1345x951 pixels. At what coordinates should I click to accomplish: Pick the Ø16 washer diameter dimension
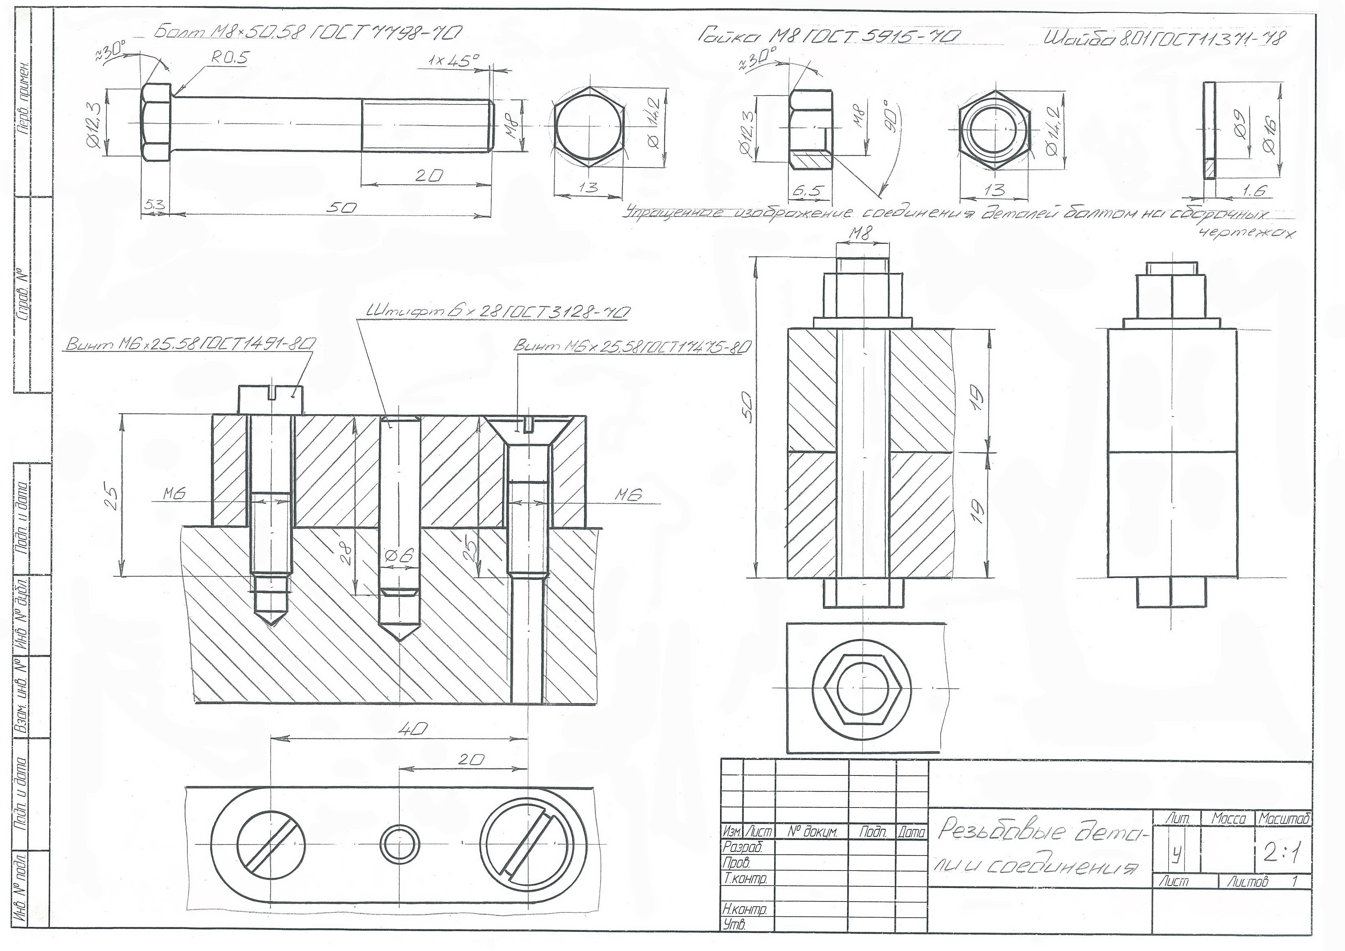click(x=1270, y=136)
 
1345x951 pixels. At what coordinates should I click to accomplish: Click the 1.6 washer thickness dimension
click(x=1254, y=191)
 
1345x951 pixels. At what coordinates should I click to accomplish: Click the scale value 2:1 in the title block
click(x=1282, y=855)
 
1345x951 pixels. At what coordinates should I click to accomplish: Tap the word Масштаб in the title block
click(x=1283, y=819)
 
